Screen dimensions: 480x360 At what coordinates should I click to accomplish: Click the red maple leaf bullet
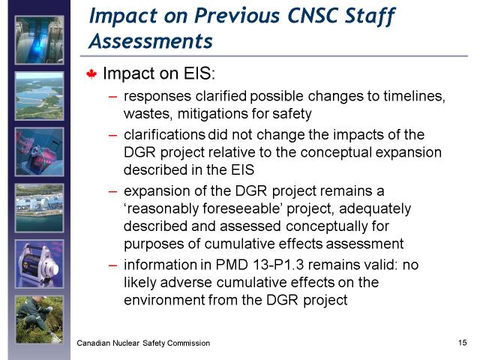pyautogui.click(x=91, y=74)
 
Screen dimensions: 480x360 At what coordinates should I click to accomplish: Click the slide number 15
pyautogui.click(x=462, y=343)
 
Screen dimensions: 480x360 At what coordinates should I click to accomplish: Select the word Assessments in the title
pyautogui.click(x=151, y=41)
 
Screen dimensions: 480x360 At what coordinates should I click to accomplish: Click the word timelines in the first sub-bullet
pyautogui.click(x=415, y=96)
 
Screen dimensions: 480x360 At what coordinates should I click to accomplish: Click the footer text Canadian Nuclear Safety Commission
pyautogui.click(x=143, y=343)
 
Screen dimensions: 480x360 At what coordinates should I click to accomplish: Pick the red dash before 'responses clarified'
pyautogui.click(x=112, y=97)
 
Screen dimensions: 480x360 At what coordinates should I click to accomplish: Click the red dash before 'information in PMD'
pyautogui.click(x=112, y=265)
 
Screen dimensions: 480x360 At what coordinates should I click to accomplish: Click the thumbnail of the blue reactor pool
pyautogui.click(x=40, y=40)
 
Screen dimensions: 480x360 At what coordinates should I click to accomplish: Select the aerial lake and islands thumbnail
pyautogui.click(x=40, y=96)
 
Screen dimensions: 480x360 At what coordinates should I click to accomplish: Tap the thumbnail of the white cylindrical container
pyautogui.click(x=40, y=264)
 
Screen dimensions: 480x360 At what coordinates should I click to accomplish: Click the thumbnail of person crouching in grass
pyautogui.click(x=40, y=319)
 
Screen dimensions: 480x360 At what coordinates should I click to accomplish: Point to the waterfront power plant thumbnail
pyautogui.click(x=40, y=208)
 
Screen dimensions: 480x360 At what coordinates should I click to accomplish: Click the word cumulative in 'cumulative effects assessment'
pyautogui.click(x=231, y=244)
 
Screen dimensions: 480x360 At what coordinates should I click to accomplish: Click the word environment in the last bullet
pyautogui.click(x=164, y=300)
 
